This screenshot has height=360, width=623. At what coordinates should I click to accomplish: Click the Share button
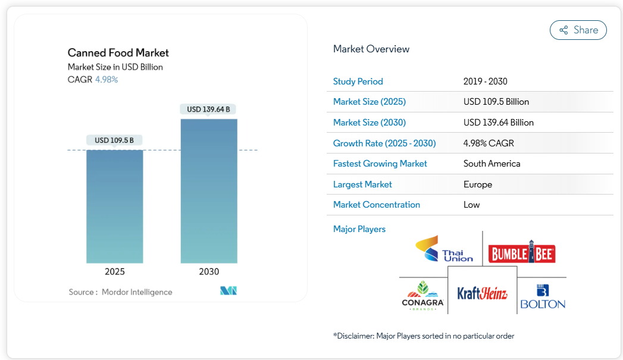click(x=578, y=30)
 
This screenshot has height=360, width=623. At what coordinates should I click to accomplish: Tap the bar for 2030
click(x=209, y=190)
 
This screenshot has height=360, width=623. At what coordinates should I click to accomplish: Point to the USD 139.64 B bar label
click(x=208, y=109)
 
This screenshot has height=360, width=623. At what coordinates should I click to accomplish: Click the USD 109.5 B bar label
click(x=114, y=140)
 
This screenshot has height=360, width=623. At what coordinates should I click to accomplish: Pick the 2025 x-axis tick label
click(x=115, y=271)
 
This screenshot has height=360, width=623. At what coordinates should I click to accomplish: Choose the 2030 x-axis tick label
click(x=209, y=271)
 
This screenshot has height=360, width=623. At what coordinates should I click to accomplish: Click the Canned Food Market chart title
click(x=118, y=53)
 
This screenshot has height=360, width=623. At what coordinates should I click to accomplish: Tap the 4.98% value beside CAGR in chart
click(x=107, y=79)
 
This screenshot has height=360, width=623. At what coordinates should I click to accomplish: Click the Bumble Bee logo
click(x=521, y=254)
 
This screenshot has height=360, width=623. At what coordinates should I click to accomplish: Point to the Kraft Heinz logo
click(x=482, y=293)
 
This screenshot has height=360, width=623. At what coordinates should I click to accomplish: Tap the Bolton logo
click(x=542, y=296)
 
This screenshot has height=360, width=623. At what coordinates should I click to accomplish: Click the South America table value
click(x=491, y=164)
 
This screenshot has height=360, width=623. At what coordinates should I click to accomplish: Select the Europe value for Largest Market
click(x=478, y=184)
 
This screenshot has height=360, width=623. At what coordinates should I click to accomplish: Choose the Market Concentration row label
click(x=377, y=205)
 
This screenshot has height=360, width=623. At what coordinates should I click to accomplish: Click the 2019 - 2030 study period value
click(x=485, y=82)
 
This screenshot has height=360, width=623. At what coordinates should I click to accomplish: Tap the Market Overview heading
click(x=371, y=49)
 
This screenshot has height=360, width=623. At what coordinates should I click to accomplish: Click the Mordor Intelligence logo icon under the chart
click(x=228, y=291)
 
